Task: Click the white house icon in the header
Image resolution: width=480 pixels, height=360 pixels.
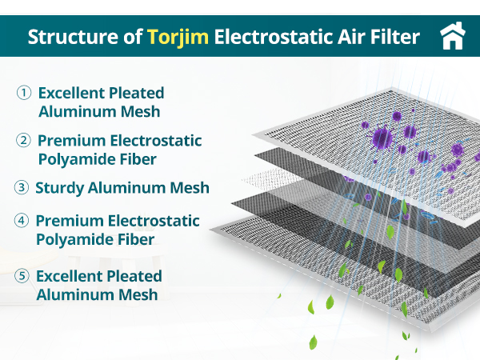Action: pos(453,37)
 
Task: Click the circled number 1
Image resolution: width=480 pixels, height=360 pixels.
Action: pos(24,93)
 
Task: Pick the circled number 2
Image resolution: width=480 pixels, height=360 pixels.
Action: pos(24,142)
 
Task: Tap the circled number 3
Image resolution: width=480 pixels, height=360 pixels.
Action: pos(22,189)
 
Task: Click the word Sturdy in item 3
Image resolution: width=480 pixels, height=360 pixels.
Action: pos(61,189)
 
